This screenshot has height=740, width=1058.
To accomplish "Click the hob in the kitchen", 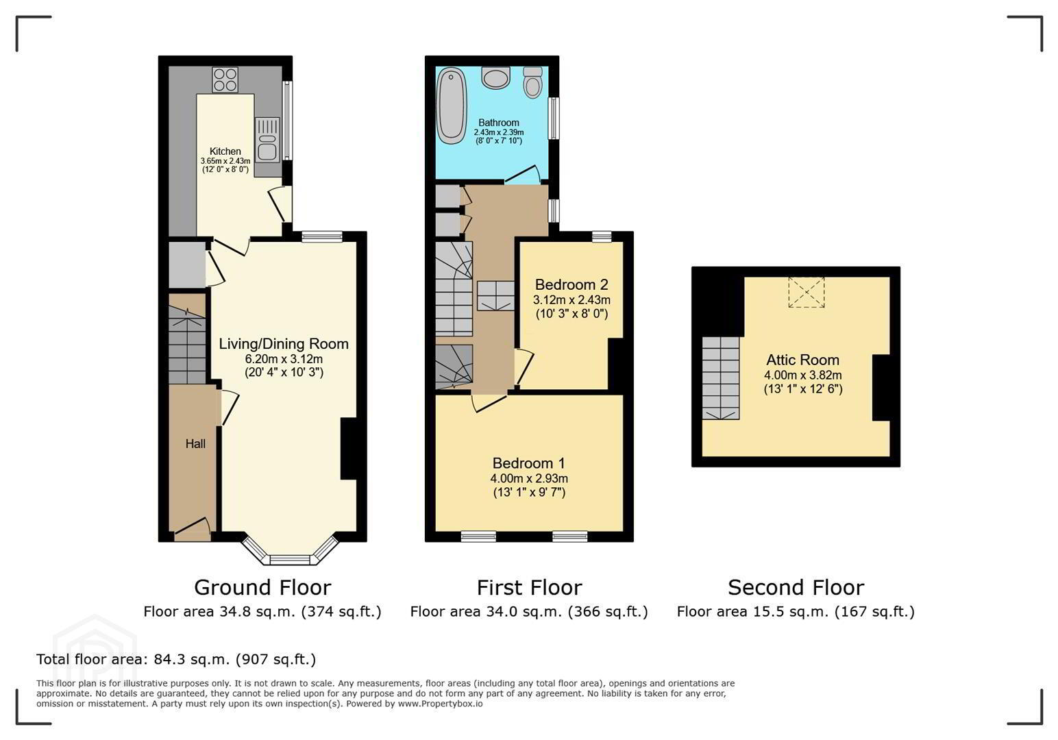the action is (x=225, y=79).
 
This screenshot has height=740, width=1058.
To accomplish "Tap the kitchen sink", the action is (x=267, y=140).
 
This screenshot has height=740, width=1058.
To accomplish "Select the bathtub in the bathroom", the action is (x=452, y=106).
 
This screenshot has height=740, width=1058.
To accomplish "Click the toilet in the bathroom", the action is (x=533, y=83).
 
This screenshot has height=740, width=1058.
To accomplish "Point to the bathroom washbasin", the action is (x=495, y=78).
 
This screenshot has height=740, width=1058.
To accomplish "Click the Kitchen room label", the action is (x=225, y=151).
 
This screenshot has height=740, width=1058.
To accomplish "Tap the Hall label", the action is (x=195, y=444).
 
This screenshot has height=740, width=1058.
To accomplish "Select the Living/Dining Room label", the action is (x=284, y=344).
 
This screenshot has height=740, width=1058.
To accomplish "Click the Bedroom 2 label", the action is (x=571, y=285).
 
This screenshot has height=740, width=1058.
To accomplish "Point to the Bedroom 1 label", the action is (x=529, y=463).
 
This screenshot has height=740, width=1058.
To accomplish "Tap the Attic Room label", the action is (x=803, y=360).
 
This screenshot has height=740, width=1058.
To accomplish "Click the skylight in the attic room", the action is (x=807, y=293).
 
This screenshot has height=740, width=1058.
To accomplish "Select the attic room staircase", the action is (x=720, y=378).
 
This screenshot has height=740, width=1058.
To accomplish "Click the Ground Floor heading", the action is (x=262, y=588).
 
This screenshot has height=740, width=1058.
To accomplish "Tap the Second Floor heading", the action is (x=796, y=588).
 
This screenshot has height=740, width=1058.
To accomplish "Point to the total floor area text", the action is (x=176, y=659).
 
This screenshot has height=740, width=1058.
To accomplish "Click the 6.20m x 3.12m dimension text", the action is (x=284, y=359).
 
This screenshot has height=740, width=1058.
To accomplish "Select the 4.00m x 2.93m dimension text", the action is (x=529, y=478).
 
